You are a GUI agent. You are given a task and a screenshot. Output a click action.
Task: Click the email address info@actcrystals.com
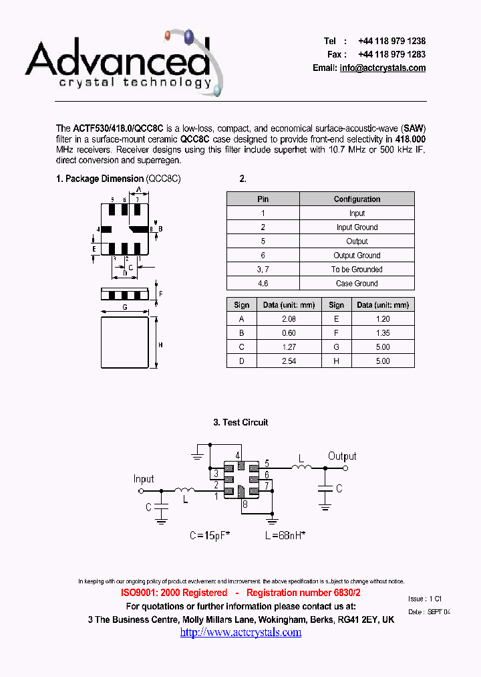click(382, 68)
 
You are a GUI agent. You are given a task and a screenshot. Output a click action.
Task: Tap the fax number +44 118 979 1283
click(391, 54)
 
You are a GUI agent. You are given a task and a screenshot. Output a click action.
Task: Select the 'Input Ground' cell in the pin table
click(357, 227)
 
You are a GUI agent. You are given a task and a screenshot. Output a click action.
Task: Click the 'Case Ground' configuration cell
click(357, 284)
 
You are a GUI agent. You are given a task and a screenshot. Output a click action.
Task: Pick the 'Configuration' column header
click(357, 199)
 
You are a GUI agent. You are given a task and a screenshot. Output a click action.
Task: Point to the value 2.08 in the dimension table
click(289, 319)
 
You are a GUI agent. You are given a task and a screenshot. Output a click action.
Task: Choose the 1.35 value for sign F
click(382, 333)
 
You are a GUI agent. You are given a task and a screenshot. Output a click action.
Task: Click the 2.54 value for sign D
click(289, 361)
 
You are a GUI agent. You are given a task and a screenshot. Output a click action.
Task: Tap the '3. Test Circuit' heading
click(240, 422)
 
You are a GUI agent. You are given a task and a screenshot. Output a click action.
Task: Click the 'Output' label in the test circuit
click(342, 456)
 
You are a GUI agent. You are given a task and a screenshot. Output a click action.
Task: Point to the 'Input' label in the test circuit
click(144, 479)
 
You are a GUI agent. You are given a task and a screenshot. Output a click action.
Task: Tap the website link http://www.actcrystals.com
click(240, 632)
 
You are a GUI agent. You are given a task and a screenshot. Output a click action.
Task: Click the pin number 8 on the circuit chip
click(245, 504)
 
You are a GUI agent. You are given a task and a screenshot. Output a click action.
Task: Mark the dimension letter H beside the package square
click(160, 345)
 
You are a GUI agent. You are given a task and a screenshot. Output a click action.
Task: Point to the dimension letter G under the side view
click(124, 307)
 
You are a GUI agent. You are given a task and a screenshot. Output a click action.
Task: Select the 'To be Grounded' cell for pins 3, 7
click(357, 270)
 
